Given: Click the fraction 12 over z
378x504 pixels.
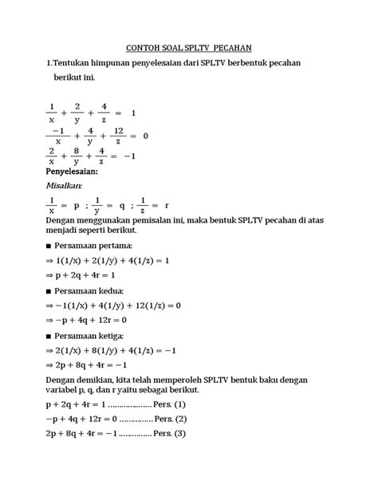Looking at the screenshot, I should [120, 136].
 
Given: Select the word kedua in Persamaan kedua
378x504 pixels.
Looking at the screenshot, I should [116, 291].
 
